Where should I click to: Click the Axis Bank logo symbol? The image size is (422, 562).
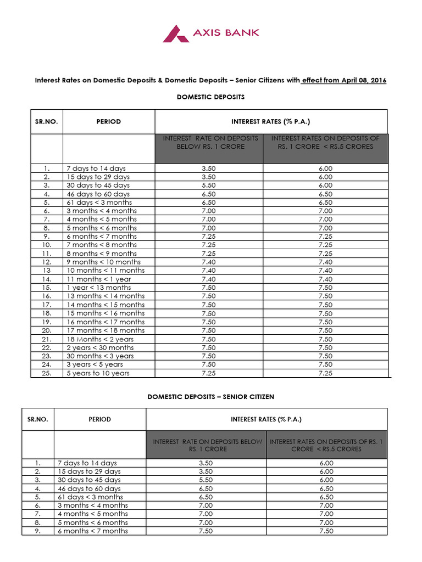click(176, 33)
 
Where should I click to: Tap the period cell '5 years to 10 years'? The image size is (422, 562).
click(98, 373)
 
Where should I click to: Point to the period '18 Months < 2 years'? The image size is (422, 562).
click(100, 339)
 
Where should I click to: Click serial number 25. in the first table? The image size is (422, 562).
click(46, 373)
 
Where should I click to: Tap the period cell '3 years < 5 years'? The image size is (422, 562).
click(95, 364)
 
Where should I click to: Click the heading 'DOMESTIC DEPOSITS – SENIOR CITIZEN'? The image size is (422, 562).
click(210, 396)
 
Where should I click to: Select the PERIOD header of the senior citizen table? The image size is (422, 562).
click(99, 419)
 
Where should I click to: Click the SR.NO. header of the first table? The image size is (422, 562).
click(46, 121)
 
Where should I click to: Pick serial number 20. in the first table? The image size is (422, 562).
click(46, 330)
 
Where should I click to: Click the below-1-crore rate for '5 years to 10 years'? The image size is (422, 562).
click(209, 373)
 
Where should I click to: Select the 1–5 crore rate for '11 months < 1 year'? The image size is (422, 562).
click(325, 279)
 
